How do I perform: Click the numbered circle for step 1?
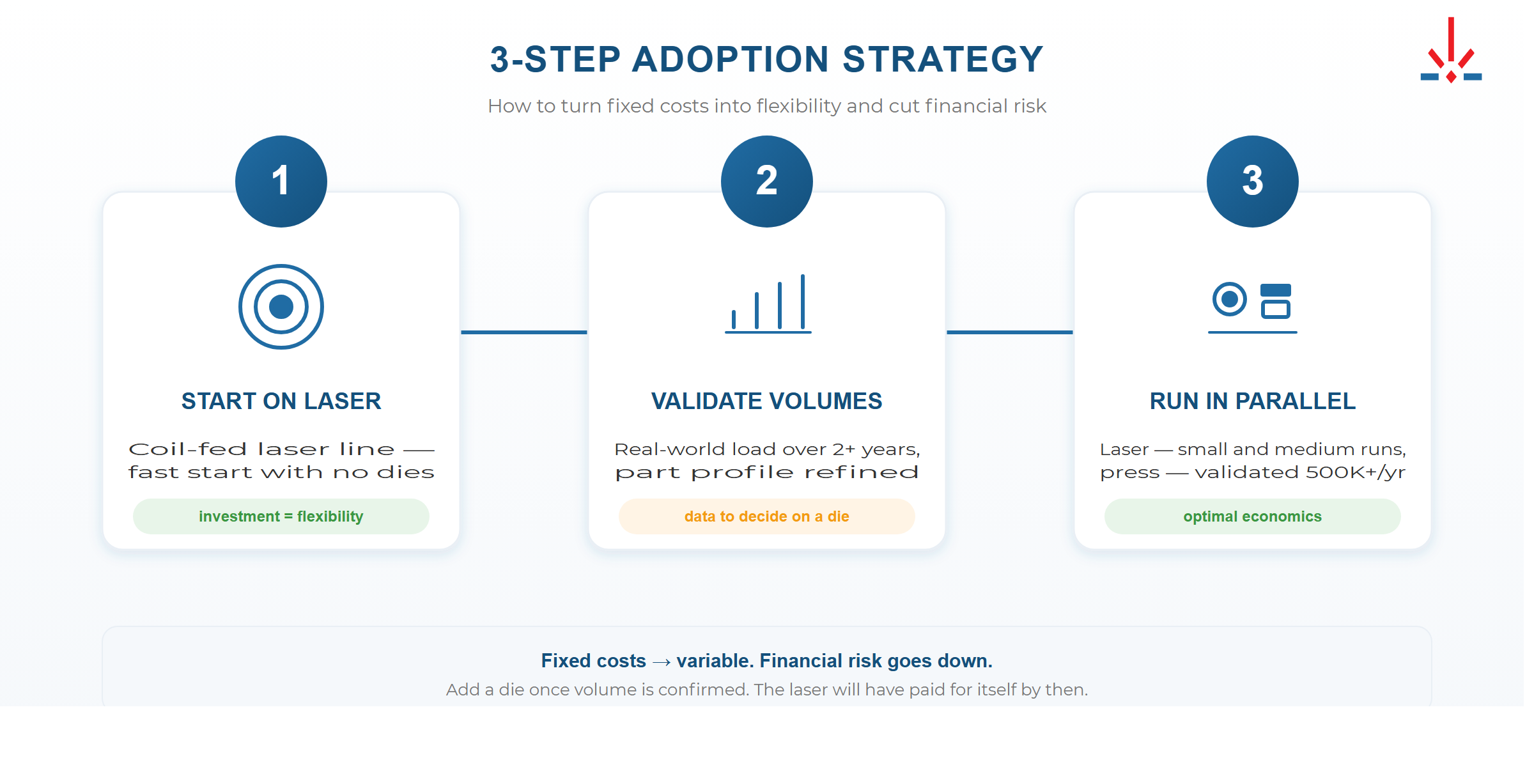click(x=281, y=182)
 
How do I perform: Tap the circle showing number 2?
click(x=767, y=182)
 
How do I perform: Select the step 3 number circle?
click(x=1253, y=182)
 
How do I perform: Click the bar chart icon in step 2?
click(x=768, y=304)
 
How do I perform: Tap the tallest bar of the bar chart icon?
click(x=803, y=301)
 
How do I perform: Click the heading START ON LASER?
click(x=281, y=401)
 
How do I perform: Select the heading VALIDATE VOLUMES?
click(x=767, y=401)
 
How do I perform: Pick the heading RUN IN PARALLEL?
click(x=1253, y=401)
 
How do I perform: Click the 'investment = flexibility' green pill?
click(x=281, y=516)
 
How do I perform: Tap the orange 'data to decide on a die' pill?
click(x=767, y=516)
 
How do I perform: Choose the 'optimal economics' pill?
click(x=1253, y=516)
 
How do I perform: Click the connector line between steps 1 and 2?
click(x=524, y=332)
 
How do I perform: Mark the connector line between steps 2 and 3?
click(x=1010, y=332)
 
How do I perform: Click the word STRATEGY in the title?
click(x=943, y=59)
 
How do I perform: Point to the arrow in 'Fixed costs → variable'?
click(x=662, y=662)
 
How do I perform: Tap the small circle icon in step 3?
click(x=1230, y=298)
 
